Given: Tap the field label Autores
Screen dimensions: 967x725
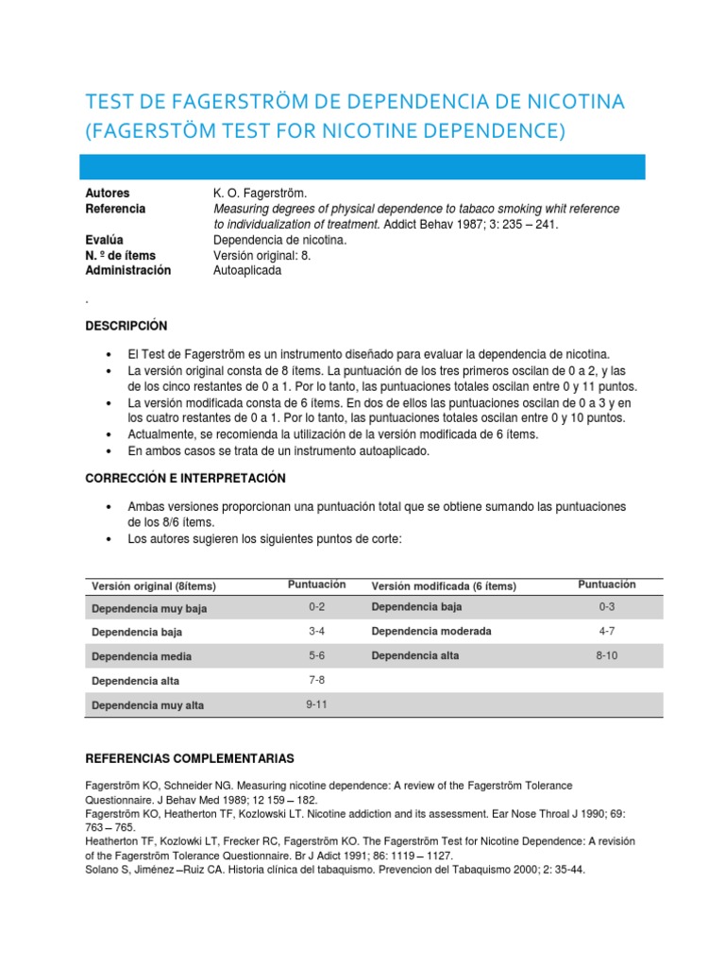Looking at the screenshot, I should point(108,193).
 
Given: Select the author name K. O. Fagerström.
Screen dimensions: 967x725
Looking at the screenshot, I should point(261,193).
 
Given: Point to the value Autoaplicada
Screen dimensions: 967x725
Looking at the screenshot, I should point(247,270).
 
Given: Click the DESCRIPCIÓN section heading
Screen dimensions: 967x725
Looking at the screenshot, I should point(126,326).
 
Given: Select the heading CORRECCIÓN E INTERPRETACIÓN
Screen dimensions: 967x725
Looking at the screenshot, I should point(185,479).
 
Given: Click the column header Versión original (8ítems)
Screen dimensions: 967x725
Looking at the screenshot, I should point(154,586).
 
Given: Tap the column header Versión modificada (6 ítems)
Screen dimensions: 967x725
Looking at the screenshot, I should point(444,586).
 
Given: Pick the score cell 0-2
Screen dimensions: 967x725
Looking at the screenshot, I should point(316,607).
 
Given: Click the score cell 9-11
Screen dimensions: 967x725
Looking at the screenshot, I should point(316,704).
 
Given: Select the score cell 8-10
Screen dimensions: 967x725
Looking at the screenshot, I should point(606,655).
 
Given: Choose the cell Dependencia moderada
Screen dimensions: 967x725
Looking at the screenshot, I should point(431,631).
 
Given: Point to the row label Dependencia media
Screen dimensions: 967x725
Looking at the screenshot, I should point(142,656).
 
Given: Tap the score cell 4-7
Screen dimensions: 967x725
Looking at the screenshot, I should point(606,631).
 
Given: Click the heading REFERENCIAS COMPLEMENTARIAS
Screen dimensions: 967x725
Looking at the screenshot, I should point(190,758).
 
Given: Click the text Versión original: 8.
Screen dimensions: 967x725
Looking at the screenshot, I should point(265,255).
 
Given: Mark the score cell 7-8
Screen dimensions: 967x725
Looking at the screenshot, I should point(316,680).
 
